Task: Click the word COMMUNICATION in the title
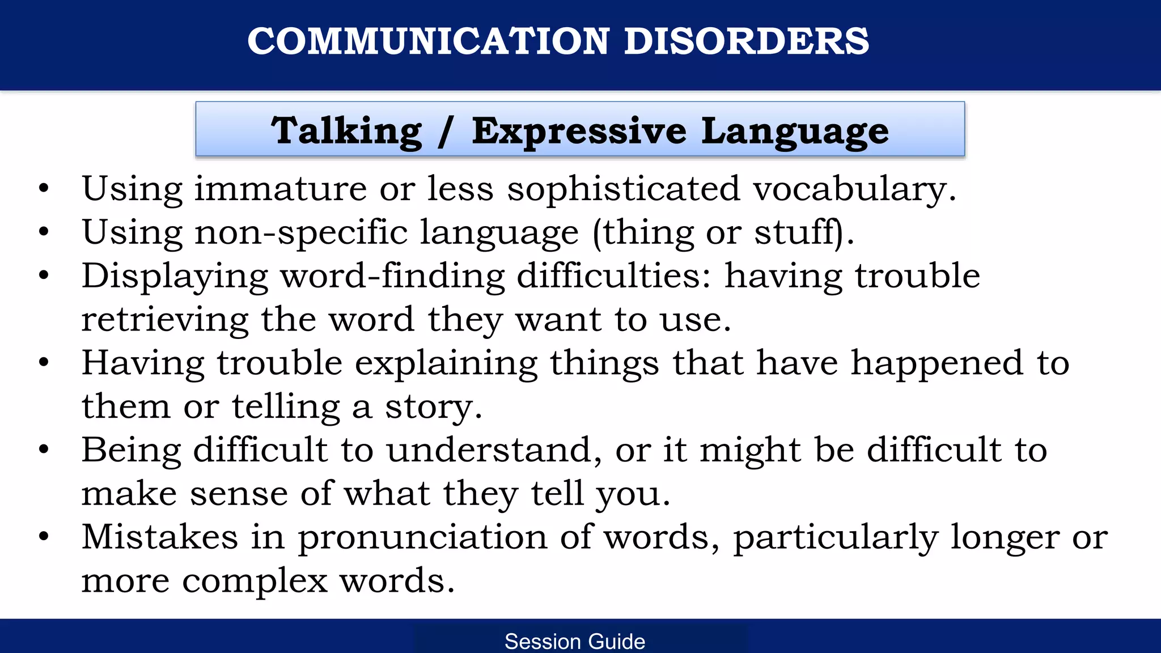coord(428,41)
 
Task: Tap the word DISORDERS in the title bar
coord(746,41)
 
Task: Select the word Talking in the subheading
coord(346,131)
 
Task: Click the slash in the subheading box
coord(446,131)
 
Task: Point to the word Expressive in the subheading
coord(579,131)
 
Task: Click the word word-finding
coord(392,276)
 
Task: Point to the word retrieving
coord(165,320)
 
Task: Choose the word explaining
coord(446,363)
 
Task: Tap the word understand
coord(489,450)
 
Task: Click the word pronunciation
coord(422,537)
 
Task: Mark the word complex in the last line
coord(255,581)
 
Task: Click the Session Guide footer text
coord(575,642)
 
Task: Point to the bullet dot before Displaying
coord(44,275)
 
